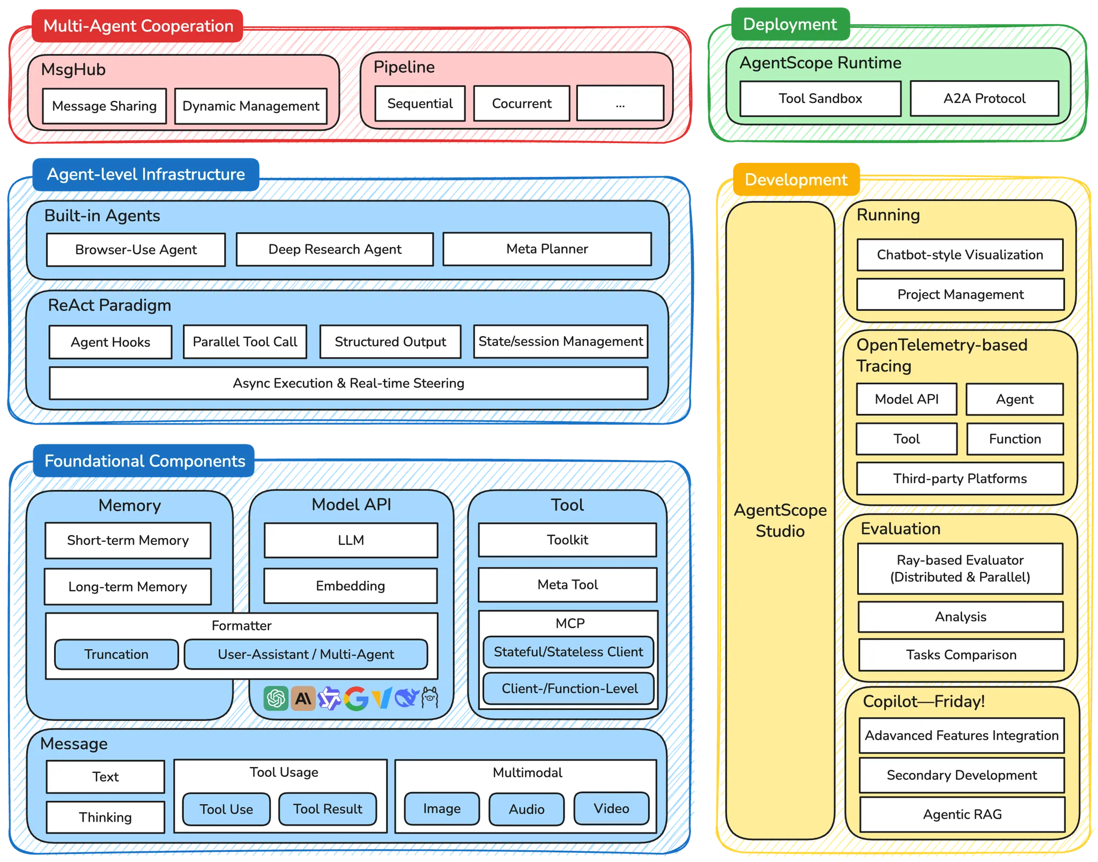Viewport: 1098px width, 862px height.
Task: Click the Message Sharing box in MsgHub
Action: click(x=105, y=106)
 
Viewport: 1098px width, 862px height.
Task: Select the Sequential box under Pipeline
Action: click(x=420, y=103)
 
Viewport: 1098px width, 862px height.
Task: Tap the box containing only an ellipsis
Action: click(x=620, y=103)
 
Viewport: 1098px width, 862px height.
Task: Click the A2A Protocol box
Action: click(x=984, y=99)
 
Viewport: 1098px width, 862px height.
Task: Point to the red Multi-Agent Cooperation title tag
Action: click(x=138, y=26)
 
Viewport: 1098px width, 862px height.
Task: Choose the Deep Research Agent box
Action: click(x=335, y=249)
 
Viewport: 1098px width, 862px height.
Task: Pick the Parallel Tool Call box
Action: click(x=244, y=342)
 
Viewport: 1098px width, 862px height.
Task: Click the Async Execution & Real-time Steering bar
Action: click(x=348, y=383)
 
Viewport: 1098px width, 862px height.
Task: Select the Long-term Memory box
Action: click(x=128, y=586)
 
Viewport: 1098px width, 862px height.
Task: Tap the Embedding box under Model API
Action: click(x=351, y=586)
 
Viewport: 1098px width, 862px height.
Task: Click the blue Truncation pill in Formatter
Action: click(x=116, y=655)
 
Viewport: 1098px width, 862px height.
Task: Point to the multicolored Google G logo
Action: click(x=356, y=698)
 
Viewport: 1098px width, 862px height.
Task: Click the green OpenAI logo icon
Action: click(x=276, y=698)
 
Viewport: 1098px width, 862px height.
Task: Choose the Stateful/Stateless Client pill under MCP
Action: click(x=568, y=652)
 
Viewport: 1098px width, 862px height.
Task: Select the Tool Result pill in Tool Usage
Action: click(x=328, y=809)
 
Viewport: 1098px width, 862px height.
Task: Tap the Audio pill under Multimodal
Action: click(x=526, y=809)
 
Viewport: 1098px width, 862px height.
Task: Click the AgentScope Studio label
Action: click(x=780, y=521)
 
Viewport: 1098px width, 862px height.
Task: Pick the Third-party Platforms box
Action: click(x=960, y=479)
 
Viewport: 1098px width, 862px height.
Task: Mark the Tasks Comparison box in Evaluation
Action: click(x=961, y=655)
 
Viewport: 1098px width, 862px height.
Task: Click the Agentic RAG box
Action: click(x=962, y=815)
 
